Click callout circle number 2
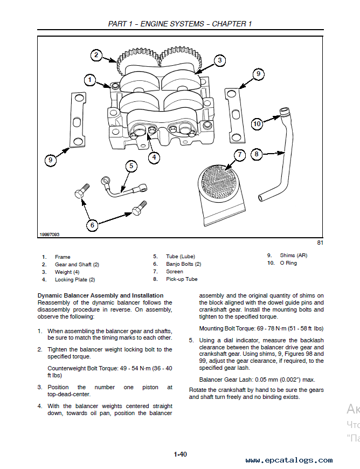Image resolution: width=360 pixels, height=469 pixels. pyautogui.click(x=96, y=55)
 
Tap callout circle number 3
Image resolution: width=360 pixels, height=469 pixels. pyautogui.click(x=220, y=60)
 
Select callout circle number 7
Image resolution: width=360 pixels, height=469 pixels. pyautogui.click(x=240, y=155)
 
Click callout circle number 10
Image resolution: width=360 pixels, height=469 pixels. pyautogui.click(x=257, y=123)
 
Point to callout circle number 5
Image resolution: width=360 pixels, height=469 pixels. pyautogui.click(x=131, y=166)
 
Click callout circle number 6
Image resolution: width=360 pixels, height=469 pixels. pyautogui.click(x=92, y=225)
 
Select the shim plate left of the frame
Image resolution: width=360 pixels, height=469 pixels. pyautogui.click(x=78, y=120)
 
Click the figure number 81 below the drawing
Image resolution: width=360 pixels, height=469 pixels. pyautogui.click(x=320, y=243)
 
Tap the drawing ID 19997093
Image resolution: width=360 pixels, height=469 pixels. pyautogui.click(x=50, y=235)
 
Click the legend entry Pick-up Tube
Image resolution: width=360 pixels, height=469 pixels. pyautogui.click(x=182, y=279)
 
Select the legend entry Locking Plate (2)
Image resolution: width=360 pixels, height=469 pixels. pyautogui.click(x=75, y=280)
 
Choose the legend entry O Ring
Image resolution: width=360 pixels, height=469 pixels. pyautogui.click(x=288, y=263)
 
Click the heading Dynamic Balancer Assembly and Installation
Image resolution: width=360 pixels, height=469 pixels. pyautogui.click(x=100, y=295)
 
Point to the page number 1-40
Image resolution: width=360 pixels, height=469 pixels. pyautogui.click(x=181, y=454)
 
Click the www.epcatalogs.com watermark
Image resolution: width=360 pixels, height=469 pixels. pyautogui.click(x=289, y=460)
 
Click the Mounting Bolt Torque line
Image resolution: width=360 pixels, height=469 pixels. pyautogui.click(x=261, y=328)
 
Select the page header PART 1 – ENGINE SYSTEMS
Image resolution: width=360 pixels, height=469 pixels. pyautogui.click(x=156, y=24)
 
